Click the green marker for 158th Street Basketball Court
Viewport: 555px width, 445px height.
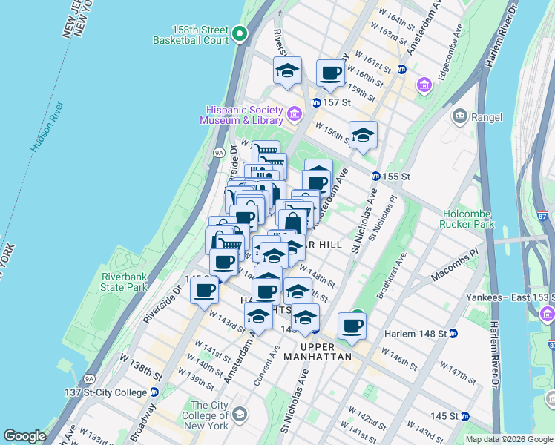click(240, 34)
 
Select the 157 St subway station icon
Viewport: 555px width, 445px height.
click(317, 102)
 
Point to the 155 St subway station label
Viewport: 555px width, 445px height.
click(395, 177)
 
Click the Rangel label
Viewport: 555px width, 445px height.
click(486, 117)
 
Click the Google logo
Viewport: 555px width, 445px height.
click(24, 436)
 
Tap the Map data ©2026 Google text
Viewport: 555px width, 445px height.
click(508, 439)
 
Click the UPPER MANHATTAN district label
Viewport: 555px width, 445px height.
click(326, 352)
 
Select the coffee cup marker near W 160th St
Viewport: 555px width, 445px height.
click(331, 73)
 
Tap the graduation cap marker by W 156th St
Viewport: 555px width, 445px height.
click(363, 135)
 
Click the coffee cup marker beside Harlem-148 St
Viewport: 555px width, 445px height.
click(352, 325)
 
